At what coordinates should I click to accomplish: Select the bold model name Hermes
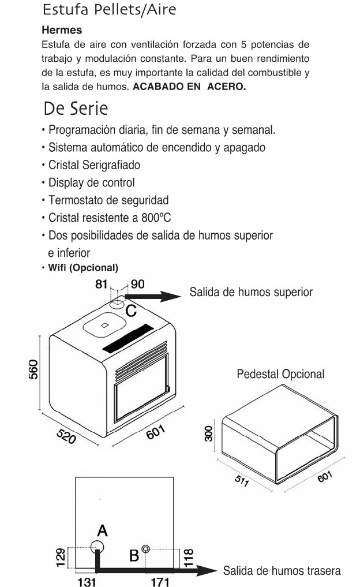tap(62, 29)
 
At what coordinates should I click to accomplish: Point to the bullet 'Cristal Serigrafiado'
tap(95, 165)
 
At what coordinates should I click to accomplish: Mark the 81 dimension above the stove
tap(102, 284)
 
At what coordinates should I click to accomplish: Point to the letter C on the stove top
tap(131, 311)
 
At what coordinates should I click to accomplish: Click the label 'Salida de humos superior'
tap(252, 292)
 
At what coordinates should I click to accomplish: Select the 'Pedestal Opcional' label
tap(280, 375)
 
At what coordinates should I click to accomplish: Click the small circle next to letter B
tap(147, 549)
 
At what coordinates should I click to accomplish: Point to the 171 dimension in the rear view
tap(156, 581)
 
